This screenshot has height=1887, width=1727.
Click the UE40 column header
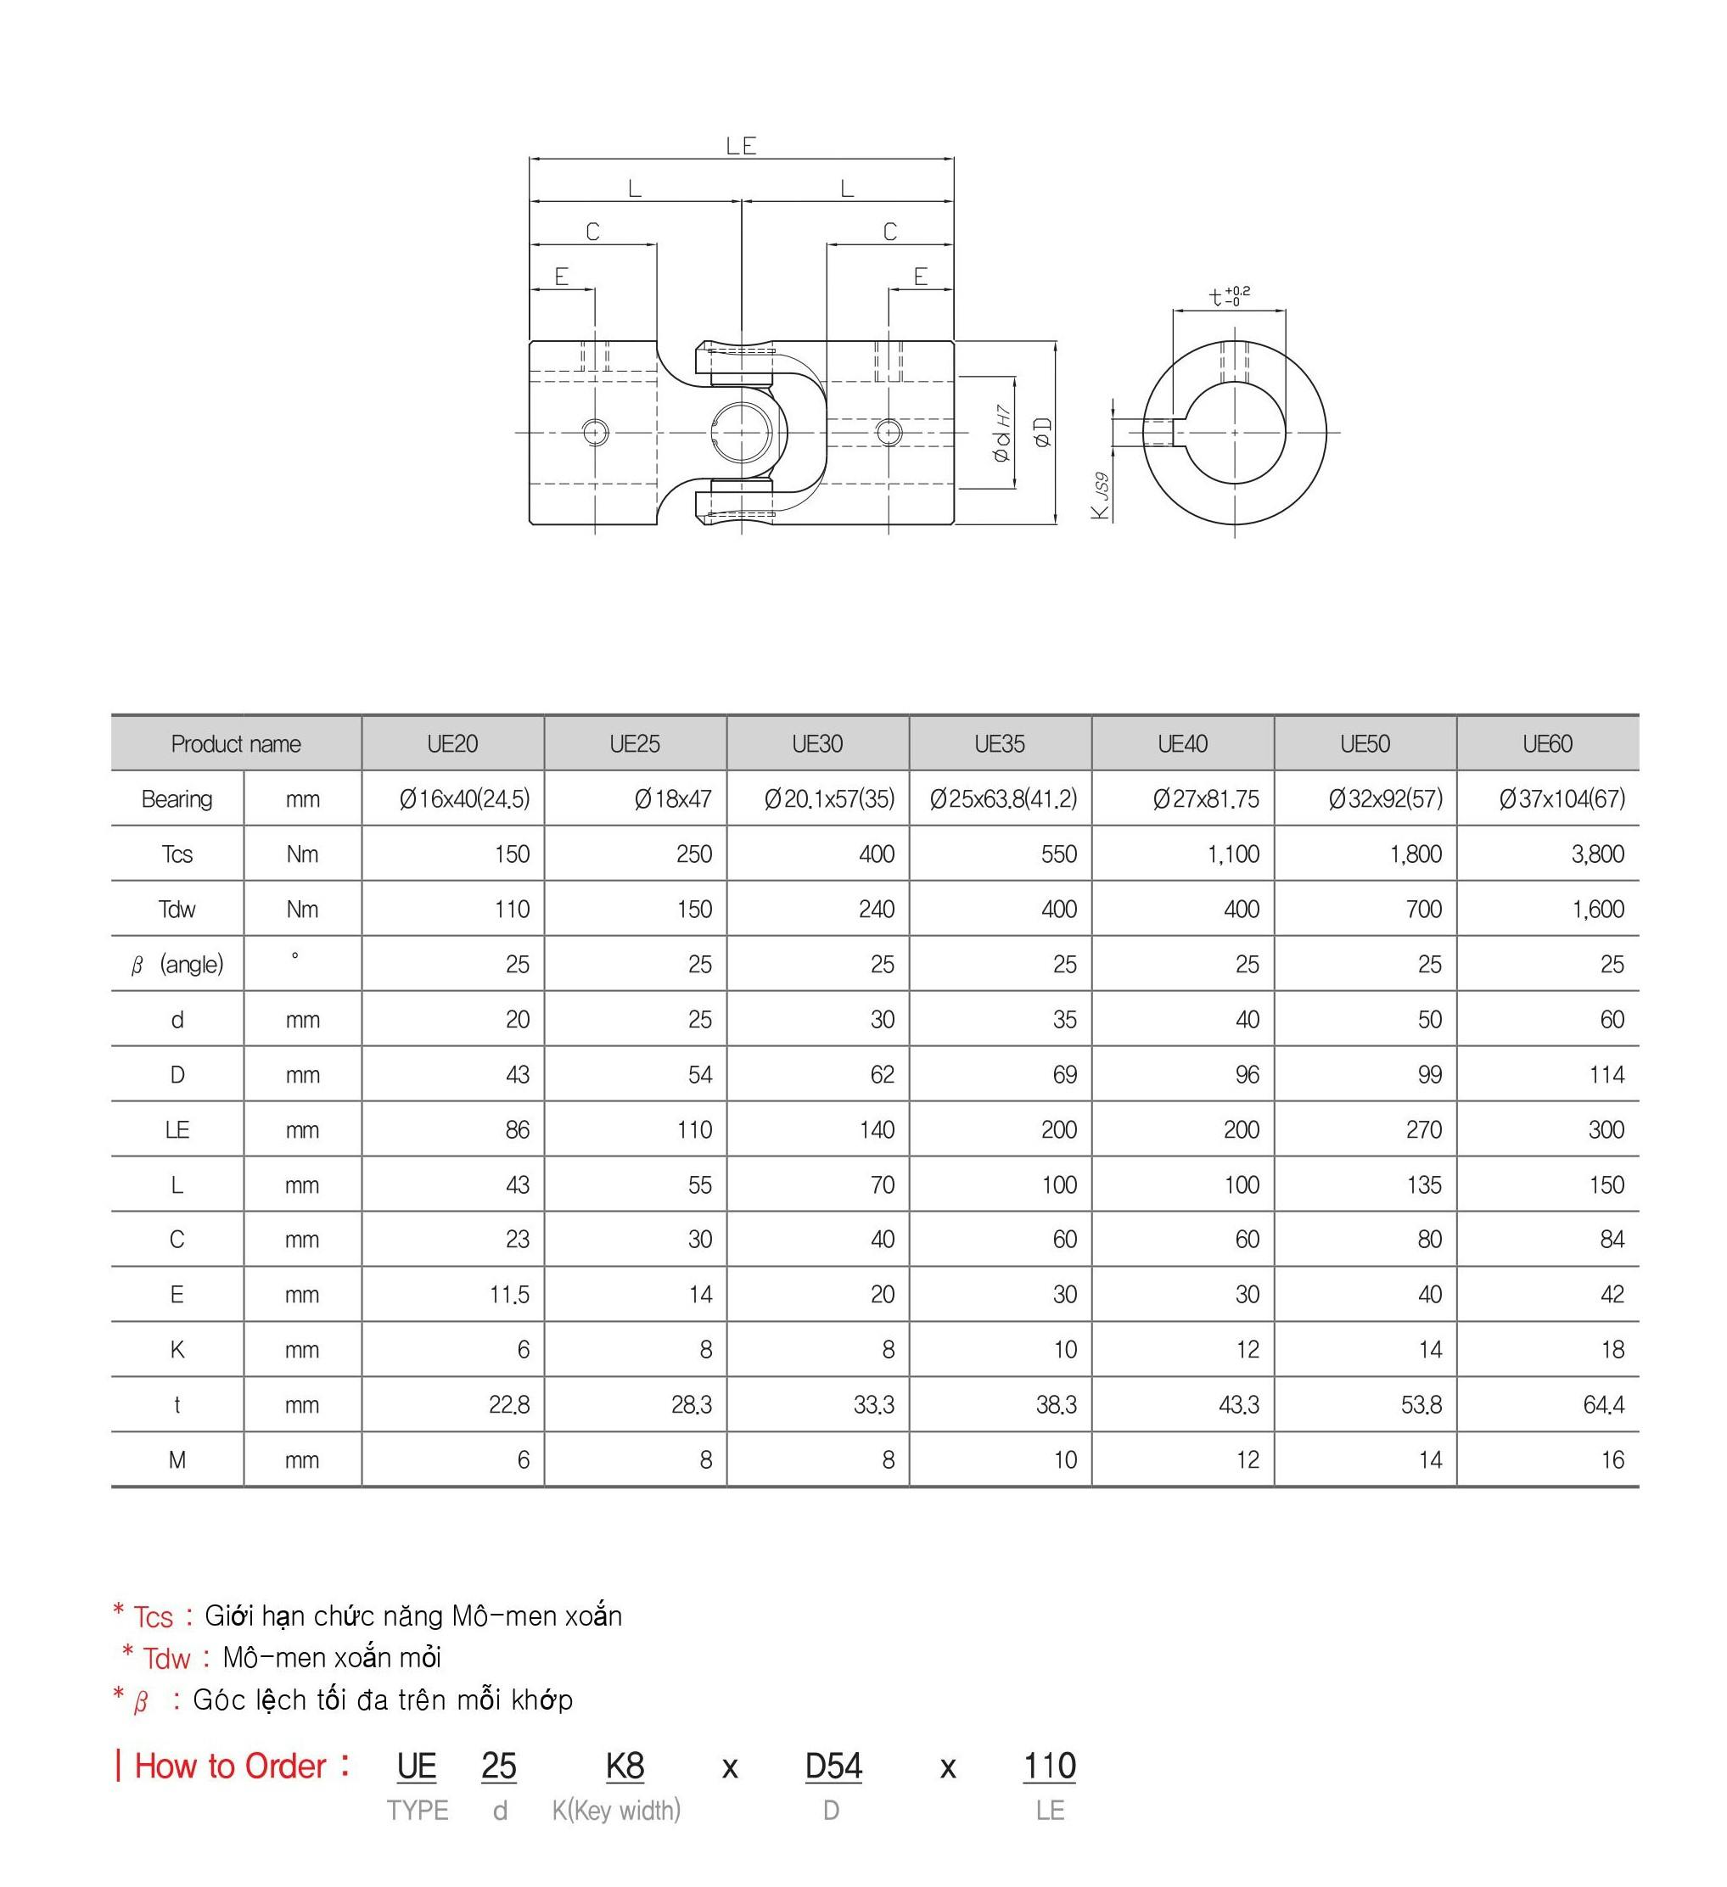[x=1182, y=744]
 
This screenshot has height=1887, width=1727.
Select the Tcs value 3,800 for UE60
[x=1597, y=854]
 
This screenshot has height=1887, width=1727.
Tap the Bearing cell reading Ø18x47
[x=672, y=799]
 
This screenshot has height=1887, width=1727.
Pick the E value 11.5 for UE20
[x=509, y=1295]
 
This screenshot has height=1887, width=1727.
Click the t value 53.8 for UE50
[x=1421, y=1405]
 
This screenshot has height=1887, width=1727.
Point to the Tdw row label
[x=177, y=909]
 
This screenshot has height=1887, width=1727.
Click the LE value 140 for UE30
[x=876, y=1130]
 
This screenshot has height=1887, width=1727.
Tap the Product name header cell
[x=236, y=744]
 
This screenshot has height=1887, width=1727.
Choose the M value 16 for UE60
[x=1612, y=1460]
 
